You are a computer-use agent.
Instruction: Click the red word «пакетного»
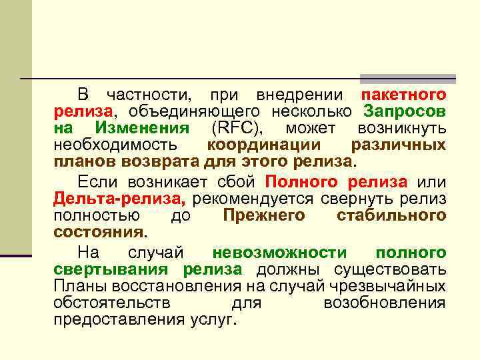(x=403, y=95)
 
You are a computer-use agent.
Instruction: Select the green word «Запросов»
(x=405, y=111)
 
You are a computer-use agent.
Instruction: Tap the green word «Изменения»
(x=142, y=128)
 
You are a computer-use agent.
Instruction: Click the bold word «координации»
(x=263, y=145)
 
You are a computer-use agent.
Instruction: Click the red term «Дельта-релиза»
(x=119, y=199)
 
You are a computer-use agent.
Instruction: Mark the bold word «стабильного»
(x=391, y=215)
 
